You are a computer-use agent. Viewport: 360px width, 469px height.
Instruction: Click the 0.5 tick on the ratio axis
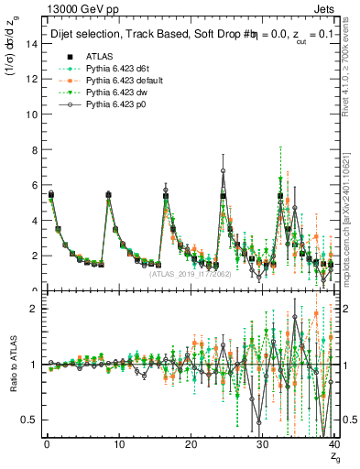pos(31,420)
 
